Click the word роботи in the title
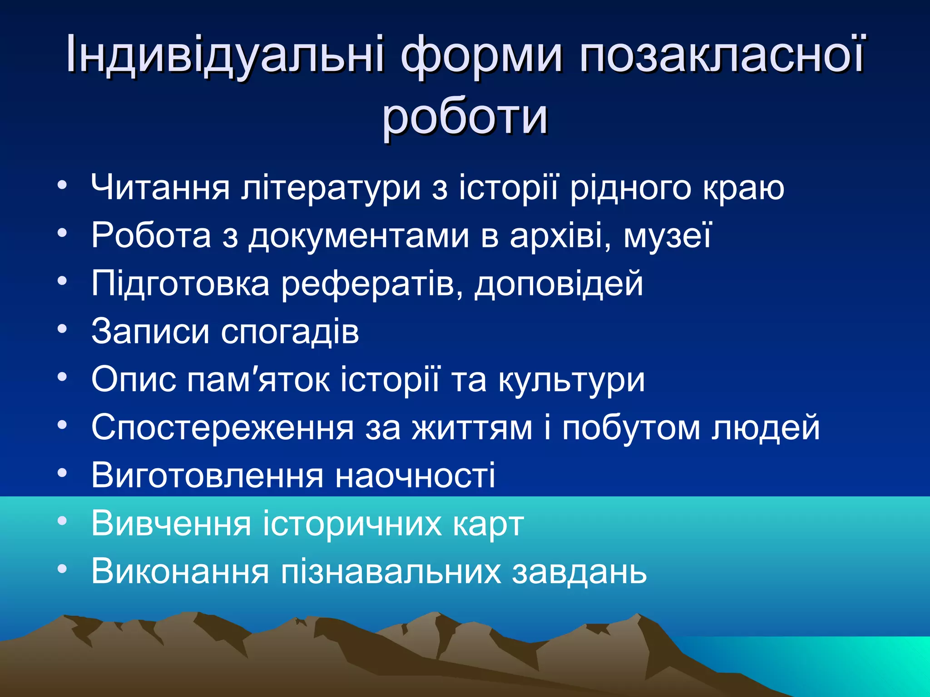[x=465, y=117]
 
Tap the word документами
[x=359, y=236]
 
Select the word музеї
[x=668, y=236]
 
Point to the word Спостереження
[x=223, y=428]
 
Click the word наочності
[x=415, y=476]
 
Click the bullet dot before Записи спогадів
[x=62, y=328]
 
